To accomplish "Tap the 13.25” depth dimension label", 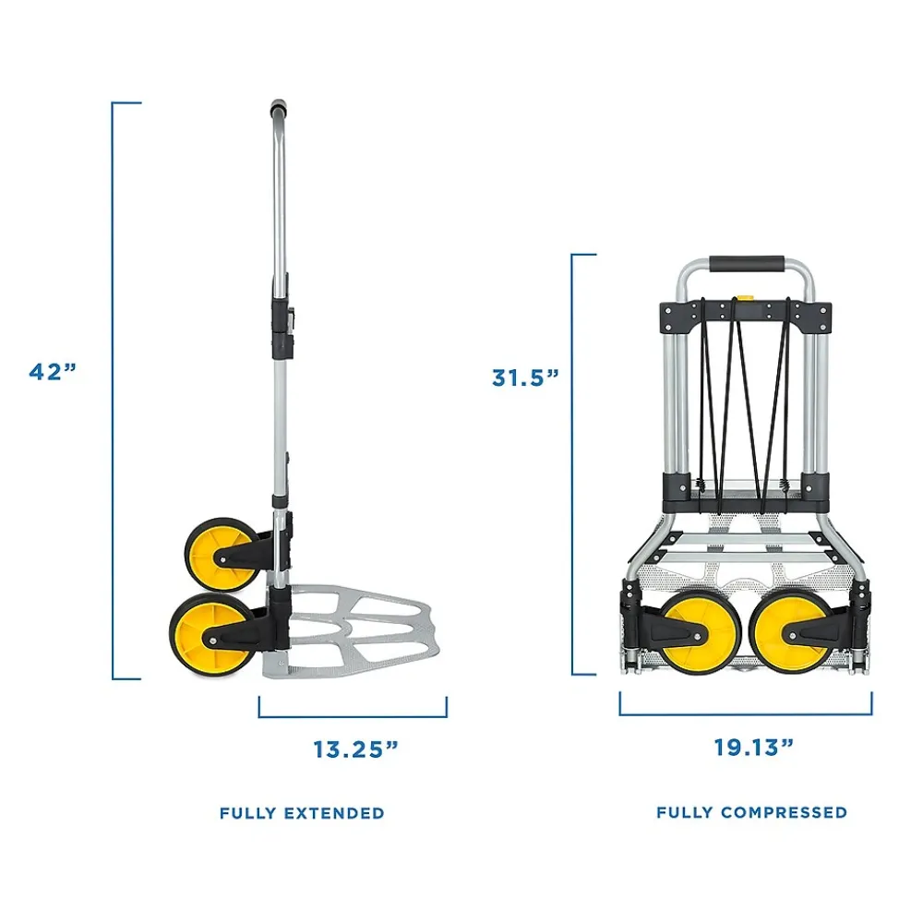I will coord(354,749).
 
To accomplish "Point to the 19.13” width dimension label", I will coord(753,747).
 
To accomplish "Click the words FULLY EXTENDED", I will coord(302,813).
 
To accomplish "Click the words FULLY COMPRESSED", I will coord(751,812).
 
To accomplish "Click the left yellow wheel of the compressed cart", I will coord(701,632).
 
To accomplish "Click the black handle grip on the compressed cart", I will coord(746,265).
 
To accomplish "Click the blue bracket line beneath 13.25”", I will coord(353,716).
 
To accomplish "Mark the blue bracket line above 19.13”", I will coord(746,714).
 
